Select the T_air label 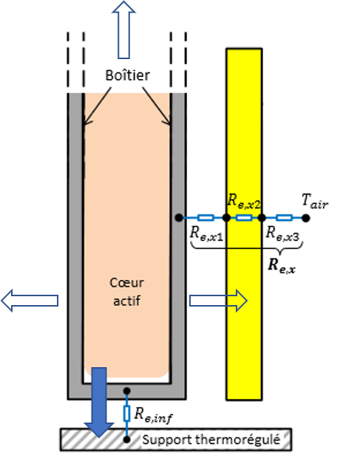(314, 200)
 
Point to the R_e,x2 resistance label (245, 199)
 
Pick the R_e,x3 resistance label (284, 232)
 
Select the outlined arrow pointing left (30, 300)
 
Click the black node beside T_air (305, 218)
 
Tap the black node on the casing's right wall (179, 218)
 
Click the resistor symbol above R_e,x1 (206, 218)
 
